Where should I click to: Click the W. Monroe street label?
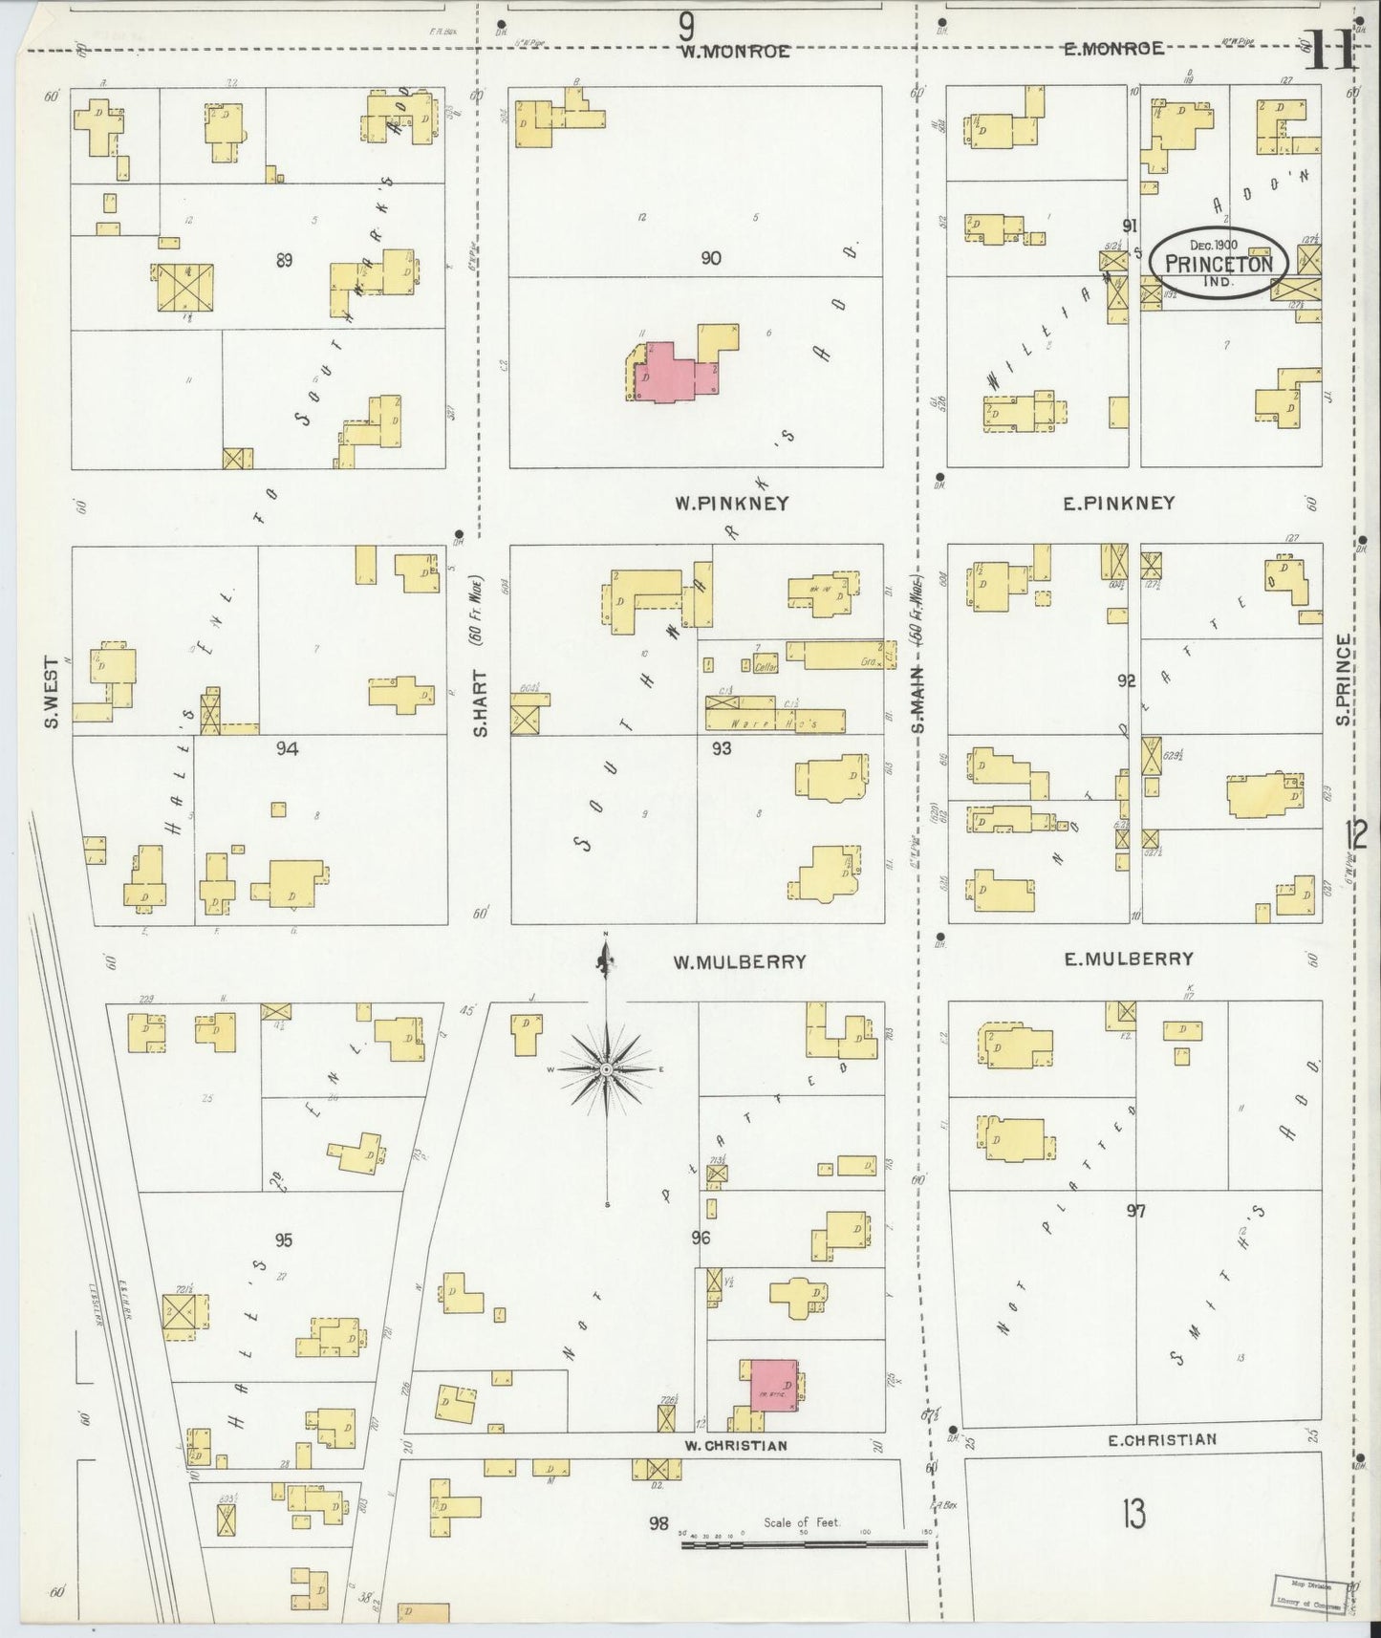[x=734, y=52]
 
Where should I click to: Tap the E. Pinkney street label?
[x=1119, y=503]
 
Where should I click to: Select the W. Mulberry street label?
[x=739, y=961]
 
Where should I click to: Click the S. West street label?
[x=53, y=691]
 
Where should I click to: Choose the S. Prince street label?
[x=1343, y=679]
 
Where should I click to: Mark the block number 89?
[x=284, y=259]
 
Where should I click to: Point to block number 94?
[x=287, y=748]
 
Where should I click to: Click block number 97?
[x=1135, y=1212]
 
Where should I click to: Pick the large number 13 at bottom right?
[x=1133, y=1514]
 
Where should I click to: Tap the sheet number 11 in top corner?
[x=1328, y=50]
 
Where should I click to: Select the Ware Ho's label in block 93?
[x=774, y=725]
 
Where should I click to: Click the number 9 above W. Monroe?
[x=685, y=22]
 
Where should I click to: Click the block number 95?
[x=283, y=1240]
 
